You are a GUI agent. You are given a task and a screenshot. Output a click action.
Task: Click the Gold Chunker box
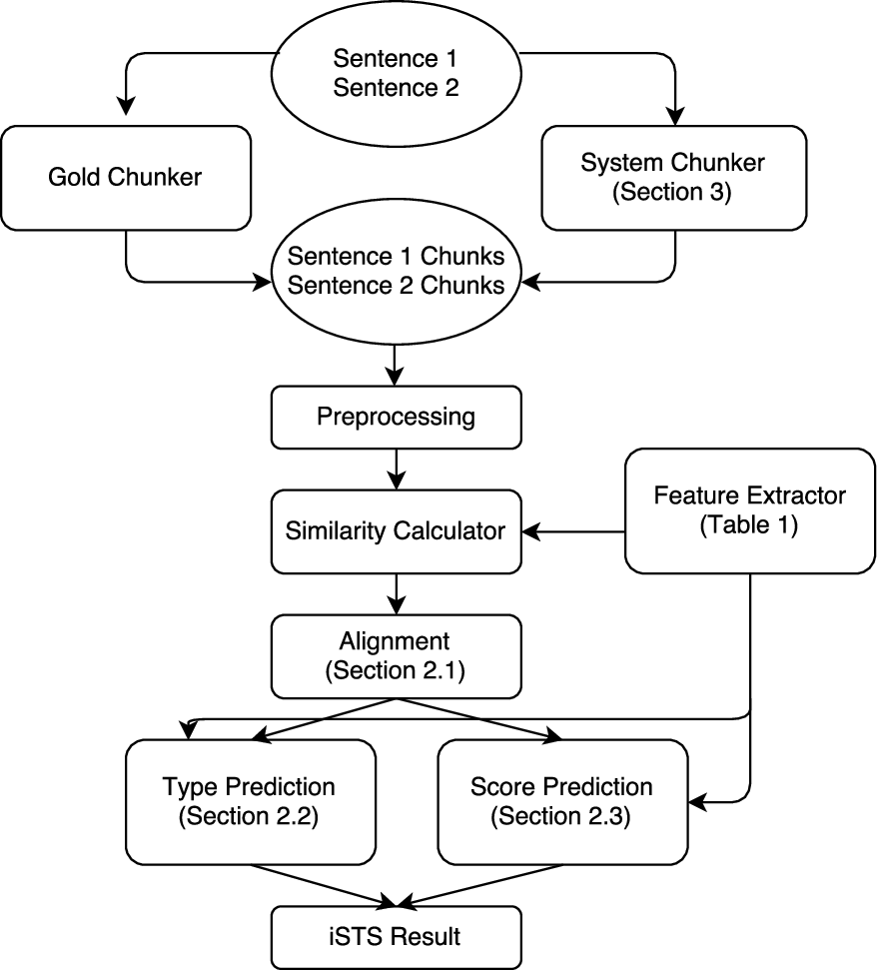pos(125,178)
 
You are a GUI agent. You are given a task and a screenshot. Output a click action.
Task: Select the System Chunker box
pos(673,178)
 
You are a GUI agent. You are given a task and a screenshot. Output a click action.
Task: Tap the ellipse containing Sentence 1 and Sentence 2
pos(396,73)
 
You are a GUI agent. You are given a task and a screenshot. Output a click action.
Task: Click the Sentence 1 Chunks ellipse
pos(396,271)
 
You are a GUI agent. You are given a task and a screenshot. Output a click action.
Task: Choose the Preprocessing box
pos(396,417)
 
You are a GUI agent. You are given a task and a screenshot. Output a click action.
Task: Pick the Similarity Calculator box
pos(396,530)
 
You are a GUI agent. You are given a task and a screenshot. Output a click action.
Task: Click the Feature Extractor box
pos(749,509)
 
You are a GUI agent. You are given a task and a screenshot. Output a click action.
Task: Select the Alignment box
pos(396,655)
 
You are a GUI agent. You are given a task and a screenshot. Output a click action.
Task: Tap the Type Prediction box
pos(249,801)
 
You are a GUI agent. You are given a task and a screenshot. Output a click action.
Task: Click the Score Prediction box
pos(561,801)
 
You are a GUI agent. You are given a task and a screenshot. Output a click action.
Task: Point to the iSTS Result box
pos(396,937)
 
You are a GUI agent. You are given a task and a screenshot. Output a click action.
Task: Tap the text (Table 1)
pos(749,524)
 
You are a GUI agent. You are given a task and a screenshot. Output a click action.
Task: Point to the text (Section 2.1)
pos(396,671)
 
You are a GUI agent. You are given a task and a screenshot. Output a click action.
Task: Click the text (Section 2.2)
pos(248,817)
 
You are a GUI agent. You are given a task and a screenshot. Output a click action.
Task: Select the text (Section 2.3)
pos(561,817)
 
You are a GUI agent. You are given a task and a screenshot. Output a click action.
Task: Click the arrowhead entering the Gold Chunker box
pos(126,106)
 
